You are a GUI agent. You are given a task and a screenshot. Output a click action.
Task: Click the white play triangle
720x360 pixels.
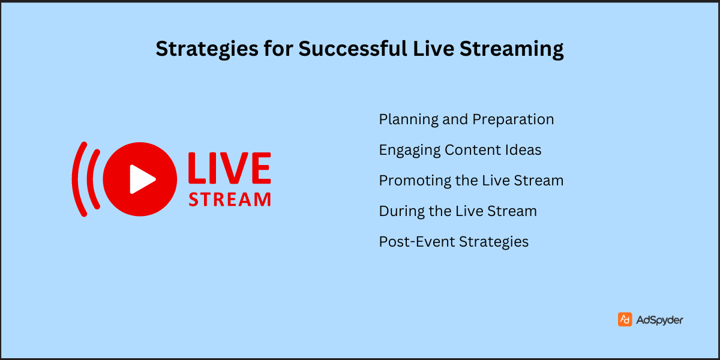click(142, 179)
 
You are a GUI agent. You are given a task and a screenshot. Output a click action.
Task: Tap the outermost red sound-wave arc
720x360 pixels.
click(77, 179)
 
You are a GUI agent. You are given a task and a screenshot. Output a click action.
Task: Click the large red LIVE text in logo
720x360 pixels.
click(229, 169)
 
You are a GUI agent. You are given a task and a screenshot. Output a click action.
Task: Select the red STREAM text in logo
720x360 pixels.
click(229, 199)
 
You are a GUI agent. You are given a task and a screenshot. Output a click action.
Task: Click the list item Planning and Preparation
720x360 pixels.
click(466, 119)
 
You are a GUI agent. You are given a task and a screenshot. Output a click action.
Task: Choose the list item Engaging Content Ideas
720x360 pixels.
click(460, 150)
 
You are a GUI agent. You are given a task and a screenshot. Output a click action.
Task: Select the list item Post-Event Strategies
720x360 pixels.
click(454, 242)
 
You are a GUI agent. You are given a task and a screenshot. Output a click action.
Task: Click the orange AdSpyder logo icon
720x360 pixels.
click(625, 320)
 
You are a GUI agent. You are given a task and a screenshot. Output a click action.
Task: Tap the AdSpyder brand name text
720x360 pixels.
click(659, 320)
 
